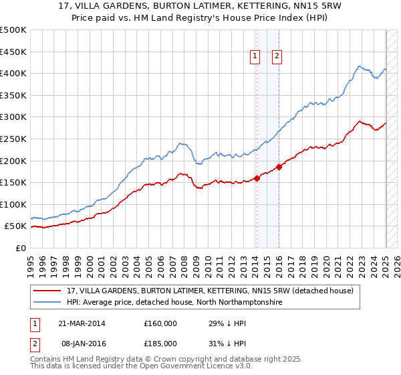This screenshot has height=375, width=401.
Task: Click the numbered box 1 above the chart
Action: [255, 57]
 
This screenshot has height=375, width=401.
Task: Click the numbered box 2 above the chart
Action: [276, 57]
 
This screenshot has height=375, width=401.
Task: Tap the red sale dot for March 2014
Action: [257, 178]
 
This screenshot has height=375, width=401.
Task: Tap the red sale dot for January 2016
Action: [279, 167]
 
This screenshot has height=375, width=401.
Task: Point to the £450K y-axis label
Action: [13, 52]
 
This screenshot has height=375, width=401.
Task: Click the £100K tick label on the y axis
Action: [13, 204]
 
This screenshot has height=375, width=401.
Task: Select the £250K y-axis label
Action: [13, 139]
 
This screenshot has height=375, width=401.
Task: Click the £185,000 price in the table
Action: [160, 343]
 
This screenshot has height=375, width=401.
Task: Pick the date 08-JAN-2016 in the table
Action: [81, 343]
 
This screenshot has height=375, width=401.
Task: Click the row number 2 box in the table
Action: [35, 343]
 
